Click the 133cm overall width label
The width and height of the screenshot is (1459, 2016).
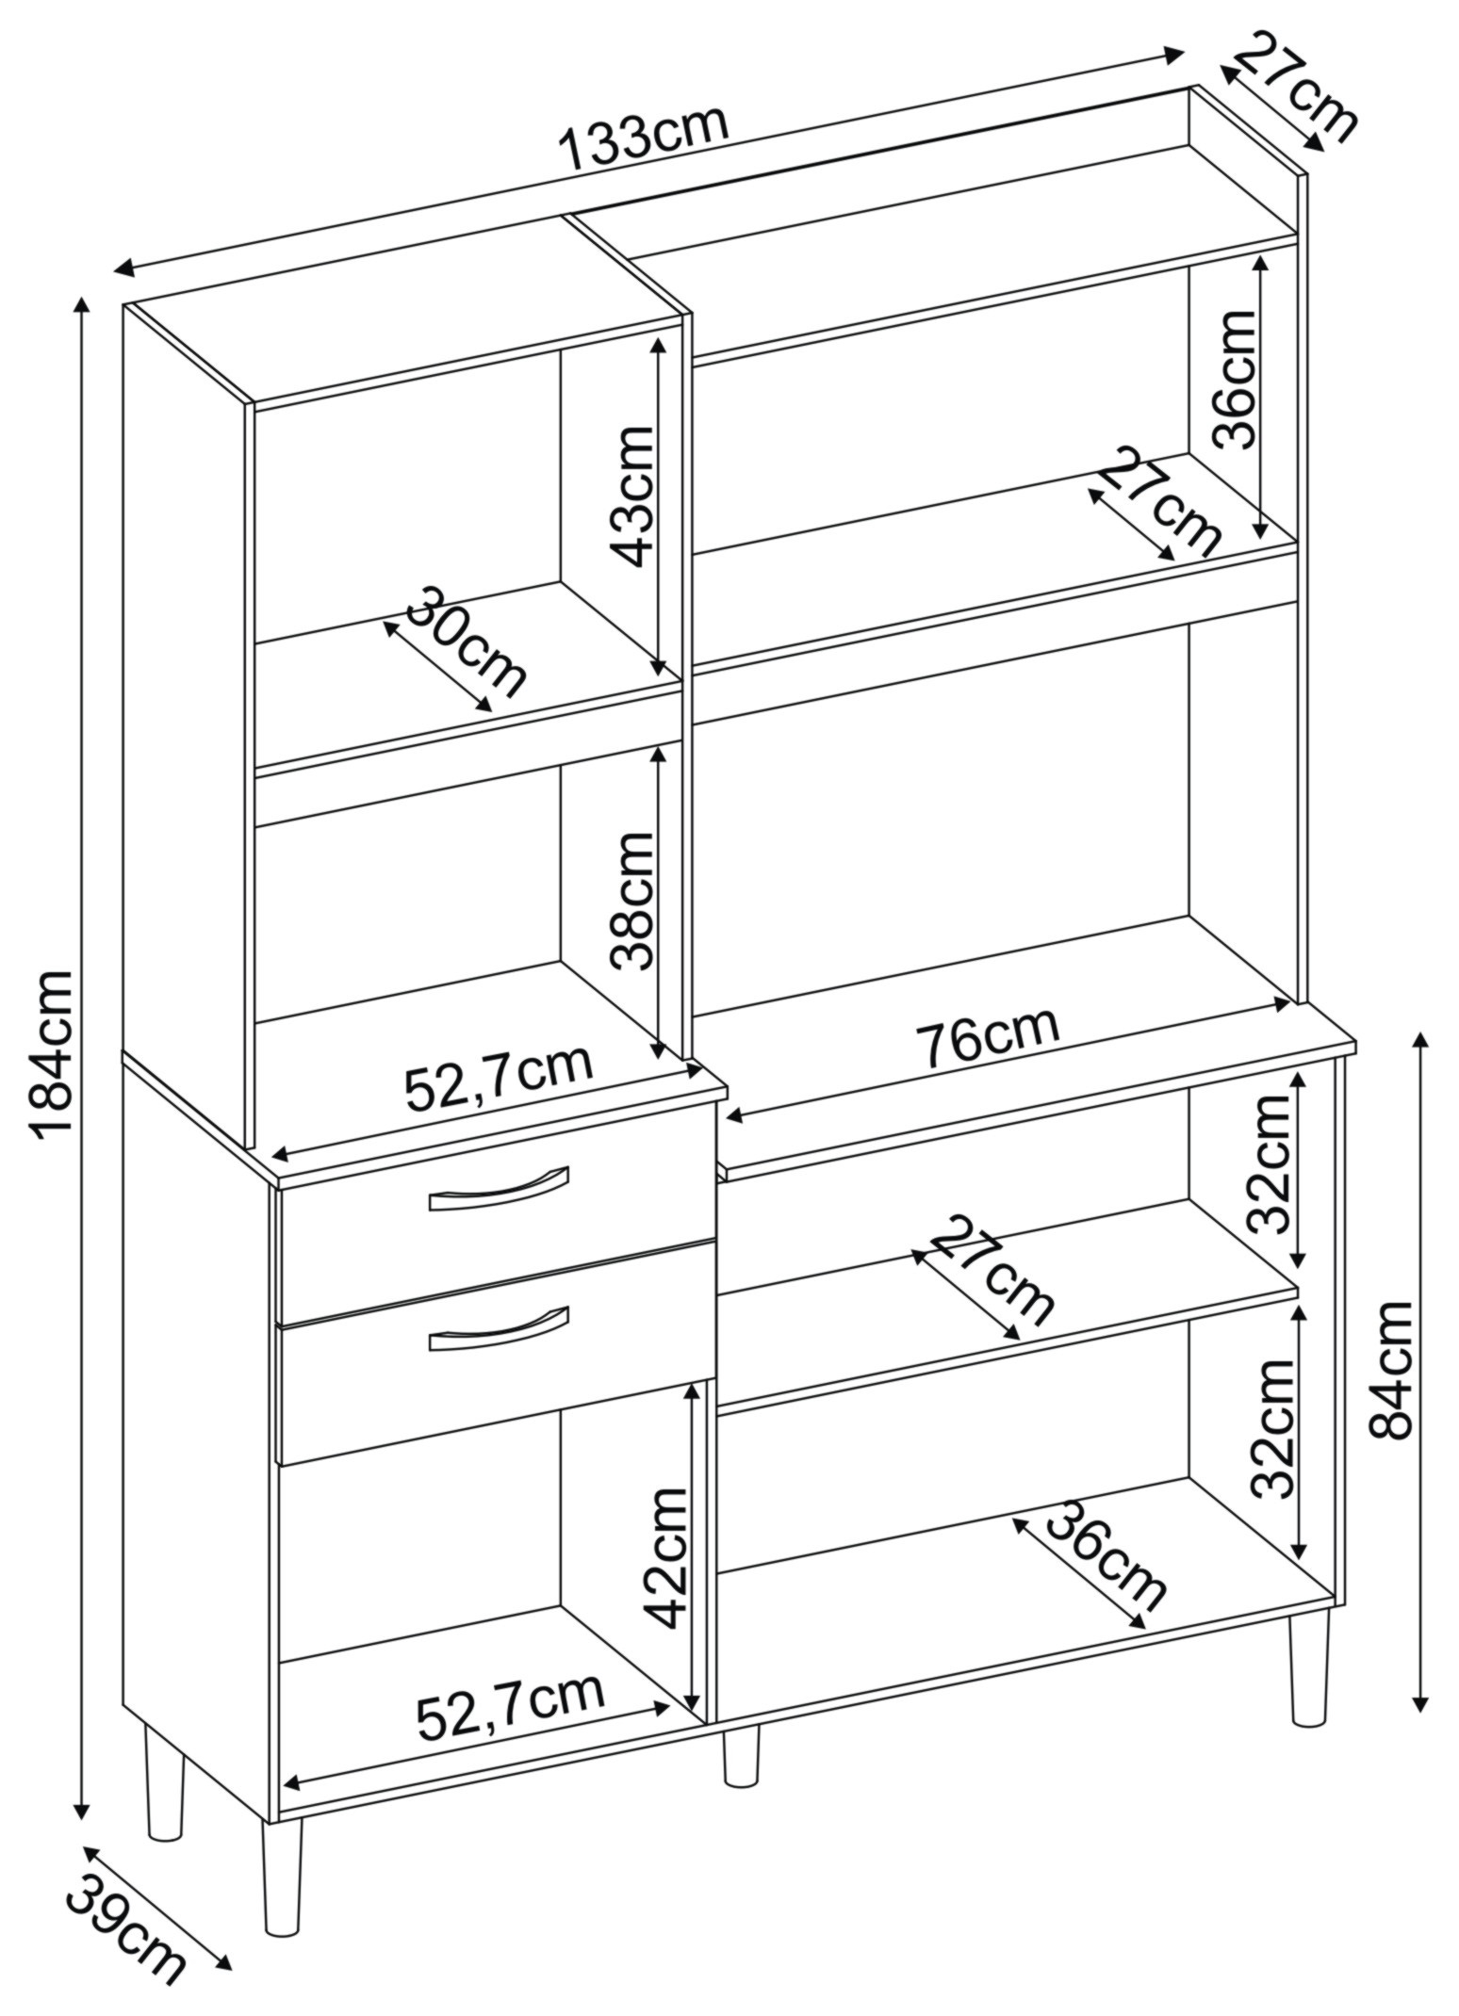644,139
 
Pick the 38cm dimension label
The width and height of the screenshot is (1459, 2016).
631,901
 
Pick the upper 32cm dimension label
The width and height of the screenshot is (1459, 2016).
1267,1164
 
